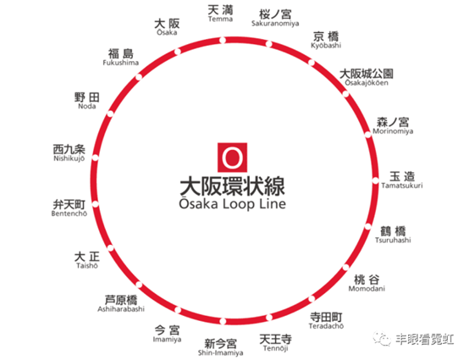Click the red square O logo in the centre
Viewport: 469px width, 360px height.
pyautogui.click(x=232, y=158)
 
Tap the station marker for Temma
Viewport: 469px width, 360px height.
pyautogui.click(x=223, y=40)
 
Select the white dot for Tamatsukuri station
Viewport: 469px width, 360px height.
pyautogui.click(x=375, y=180)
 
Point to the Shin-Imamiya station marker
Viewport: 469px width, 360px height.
pyautogui.click(x=223, y=321)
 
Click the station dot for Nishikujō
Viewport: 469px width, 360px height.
pyautogui.click(x=95, y=158)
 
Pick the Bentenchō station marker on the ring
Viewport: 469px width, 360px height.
pyautogui.click(x=95, y=204)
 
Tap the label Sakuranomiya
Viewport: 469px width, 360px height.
pyautogui.click(x=275, y=24)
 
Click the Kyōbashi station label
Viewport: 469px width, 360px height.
pyautogui.click(x=326, y=46)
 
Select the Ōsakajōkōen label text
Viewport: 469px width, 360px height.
pyautogui.click(x=367, y=83)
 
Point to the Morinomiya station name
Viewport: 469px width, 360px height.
pyautogui.click(x=393, y=131)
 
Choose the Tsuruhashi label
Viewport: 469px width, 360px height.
pyautogui.click(x=393, y=240)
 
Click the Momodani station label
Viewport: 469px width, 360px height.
pyautogui.click(x=367, y=289)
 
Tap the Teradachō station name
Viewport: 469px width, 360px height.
pyautogui.click(x=326, y=326)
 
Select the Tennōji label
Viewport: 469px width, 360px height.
pyautogui.click(x=275, y=348)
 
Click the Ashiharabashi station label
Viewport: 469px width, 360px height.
pyautogui.click(x=121, y=309)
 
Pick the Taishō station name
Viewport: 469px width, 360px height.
pyautogui.click(x=86, y=265)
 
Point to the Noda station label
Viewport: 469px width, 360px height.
pyautogui.click(x=86, y=106)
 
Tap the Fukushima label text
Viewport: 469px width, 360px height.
pyautogui.click(x=120, y=63)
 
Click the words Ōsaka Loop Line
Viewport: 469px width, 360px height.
pyautogui.click(x=233, y=203)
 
